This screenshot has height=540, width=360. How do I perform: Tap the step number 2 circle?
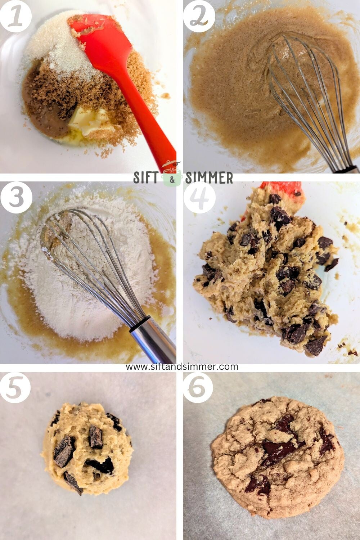click(x=199, y=16)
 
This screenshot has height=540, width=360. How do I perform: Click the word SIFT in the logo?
click(x=146, y=178)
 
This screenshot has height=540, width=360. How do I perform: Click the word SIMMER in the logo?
click(x=209, y=178)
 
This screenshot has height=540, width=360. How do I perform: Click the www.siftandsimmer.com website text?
click(x=182, y=366)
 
